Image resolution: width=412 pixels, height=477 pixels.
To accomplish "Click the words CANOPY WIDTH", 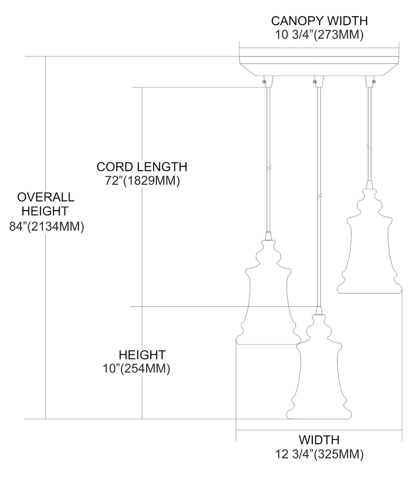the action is tap(319, 21).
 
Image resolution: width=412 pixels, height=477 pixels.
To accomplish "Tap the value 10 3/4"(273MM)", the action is tap(319, 35).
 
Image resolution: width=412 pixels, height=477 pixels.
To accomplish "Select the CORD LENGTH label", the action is tap(142, 167).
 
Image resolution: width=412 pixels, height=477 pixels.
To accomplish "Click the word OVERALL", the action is tap(46, 197).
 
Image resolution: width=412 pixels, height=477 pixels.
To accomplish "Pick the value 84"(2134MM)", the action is tap(46, 226).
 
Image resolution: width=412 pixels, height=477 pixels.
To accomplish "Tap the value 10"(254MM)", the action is tap(136, 368).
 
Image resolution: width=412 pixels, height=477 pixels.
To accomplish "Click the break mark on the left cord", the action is tap(268, 168).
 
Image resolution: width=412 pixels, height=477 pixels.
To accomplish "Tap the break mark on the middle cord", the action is tap(319, 197).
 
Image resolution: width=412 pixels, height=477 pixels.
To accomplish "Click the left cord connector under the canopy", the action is tap(268, 81).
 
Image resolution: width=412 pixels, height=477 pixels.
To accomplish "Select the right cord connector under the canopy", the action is tap(370, 81).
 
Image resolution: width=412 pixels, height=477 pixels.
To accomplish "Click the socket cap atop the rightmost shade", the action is tap(369, 185).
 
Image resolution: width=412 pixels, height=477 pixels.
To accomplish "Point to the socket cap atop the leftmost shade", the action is tap(268, 236).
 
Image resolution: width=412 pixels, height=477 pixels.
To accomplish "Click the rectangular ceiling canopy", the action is tap(319, 62).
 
